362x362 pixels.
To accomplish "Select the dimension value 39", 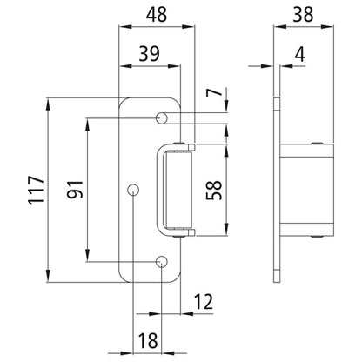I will pyautogui.click(x=150, y=53).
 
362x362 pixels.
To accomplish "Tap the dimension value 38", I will pyautogui.click(x=304, y=16).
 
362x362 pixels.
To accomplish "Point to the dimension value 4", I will pyautogui.click(x=300, y=53).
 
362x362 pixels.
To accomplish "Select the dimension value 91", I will pyautogui.click(x=72, y=190).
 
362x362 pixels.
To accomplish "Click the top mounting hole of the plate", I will pyautogui.click(x=162, y=117).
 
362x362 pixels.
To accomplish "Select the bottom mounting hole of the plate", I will pyautogui.click(x=162, y=262).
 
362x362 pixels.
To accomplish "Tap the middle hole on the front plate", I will pyautogui.click(x=132, y=189).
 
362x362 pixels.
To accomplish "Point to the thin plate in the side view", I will pyautogui.click(x=276, y=190).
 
